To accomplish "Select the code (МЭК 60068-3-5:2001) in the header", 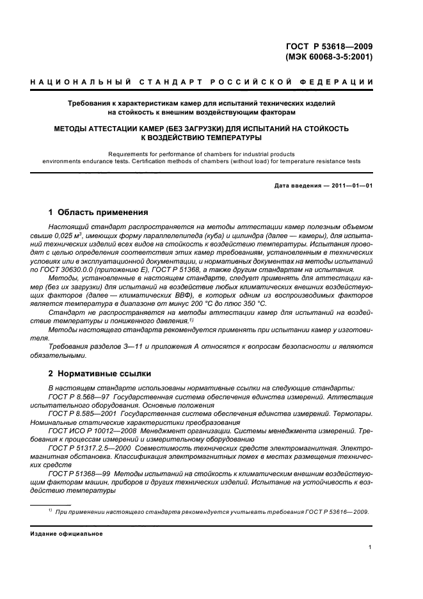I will tap(326, 57).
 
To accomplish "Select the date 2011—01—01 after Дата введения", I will tap(351, 186).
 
